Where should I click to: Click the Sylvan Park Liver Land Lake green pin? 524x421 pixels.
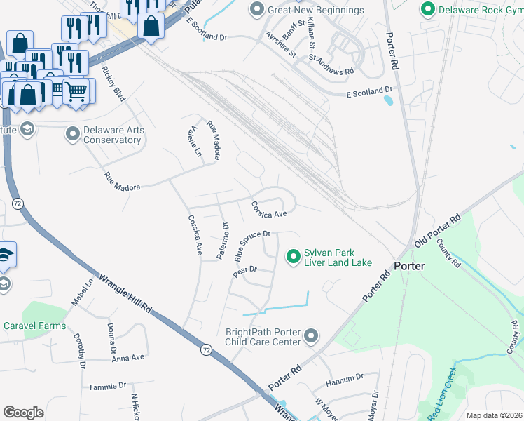click(x=294, y=258)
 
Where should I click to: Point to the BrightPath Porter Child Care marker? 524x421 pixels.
click(x=312, y=338)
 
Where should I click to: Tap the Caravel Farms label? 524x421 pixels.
click(x=34, y=326)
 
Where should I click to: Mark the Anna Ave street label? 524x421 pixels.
click(x=127, y=358)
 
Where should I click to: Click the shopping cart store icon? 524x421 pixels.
click(x=76, y=91)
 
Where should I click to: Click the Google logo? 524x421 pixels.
click(x=23, y=413)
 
